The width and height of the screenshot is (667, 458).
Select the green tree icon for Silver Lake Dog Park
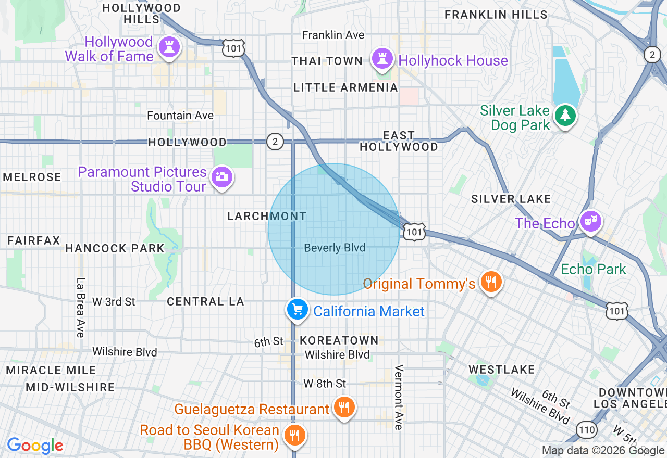click(x=565, y=115)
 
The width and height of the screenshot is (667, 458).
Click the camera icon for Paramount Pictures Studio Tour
click(x=222, y=177)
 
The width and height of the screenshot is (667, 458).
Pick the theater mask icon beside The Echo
click(x=590, y=221)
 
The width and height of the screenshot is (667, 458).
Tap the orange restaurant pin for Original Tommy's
click(x=491, y=282)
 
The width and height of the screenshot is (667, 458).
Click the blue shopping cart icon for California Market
click(x=297, y=310)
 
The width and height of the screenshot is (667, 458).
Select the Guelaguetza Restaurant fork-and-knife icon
click(x=343, y=407)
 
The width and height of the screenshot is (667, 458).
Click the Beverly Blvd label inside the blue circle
click(x=335, y=248)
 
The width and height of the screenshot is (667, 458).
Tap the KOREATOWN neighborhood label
click(x=339, y=341)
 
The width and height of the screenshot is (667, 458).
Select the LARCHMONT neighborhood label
click(x=267, y=216)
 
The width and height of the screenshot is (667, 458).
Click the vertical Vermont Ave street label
click(x=399, y=397)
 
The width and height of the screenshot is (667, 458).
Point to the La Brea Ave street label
click(x=80, y=307)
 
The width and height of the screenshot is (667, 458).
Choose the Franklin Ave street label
click(x=333, y=35)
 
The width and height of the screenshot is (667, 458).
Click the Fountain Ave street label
click(x=180, y=116)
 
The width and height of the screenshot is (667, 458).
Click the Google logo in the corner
click(x=35, y=446)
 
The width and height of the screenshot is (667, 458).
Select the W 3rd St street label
click(x=114, y=301)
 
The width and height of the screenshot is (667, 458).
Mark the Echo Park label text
click(x=593, y=269)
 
